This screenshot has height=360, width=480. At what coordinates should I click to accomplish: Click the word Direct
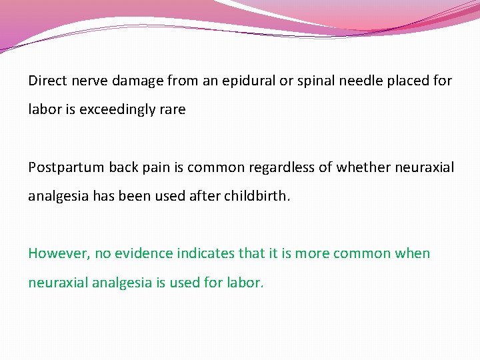(45, 81)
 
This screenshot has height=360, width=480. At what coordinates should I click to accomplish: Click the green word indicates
(209, 253)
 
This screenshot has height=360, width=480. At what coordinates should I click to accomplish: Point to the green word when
(413, 253)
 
